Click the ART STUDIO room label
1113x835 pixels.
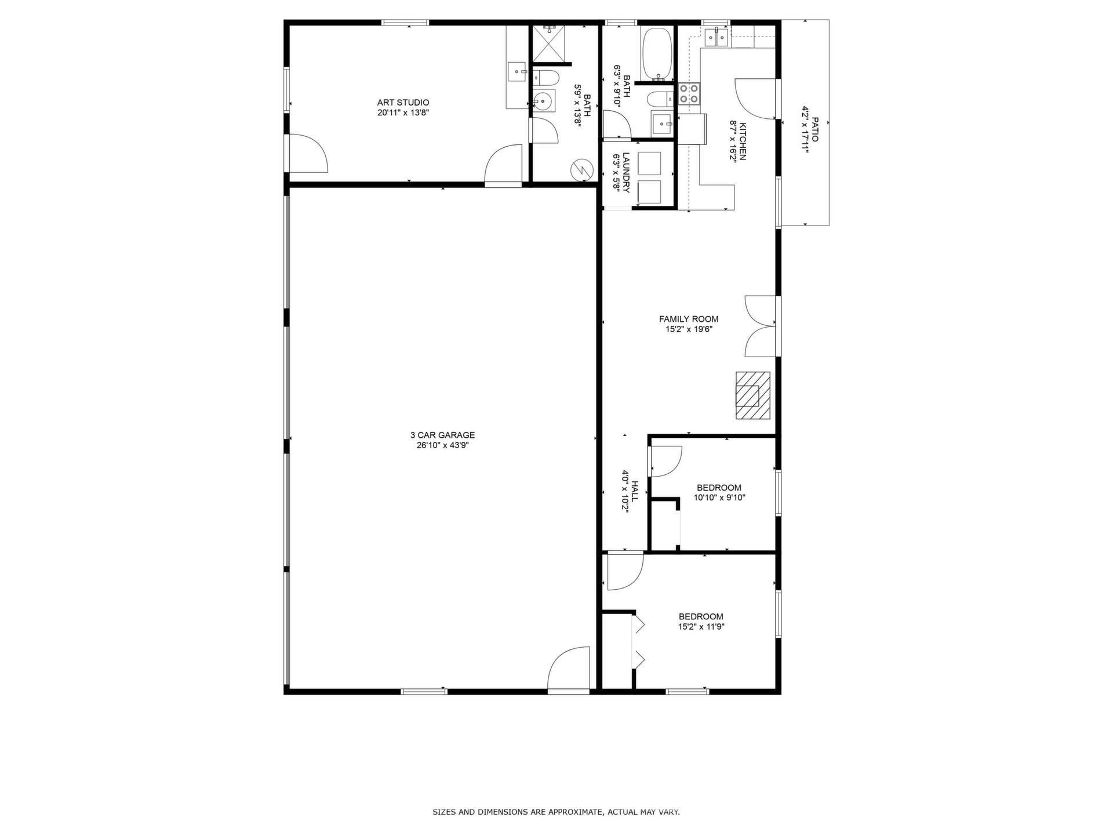[x=403, y=103]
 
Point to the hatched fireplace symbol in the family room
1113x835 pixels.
[x=753, y=395]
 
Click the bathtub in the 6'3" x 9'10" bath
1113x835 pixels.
[x=657, y=54]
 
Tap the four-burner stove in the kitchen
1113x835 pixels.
[x=689, y=93]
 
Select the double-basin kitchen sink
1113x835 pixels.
[x=716, y=37]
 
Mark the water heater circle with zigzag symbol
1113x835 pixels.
[x=582, y=169]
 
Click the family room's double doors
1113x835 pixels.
[x=759, y=326]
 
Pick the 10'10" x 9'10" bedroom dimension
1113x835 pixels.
[x=719, y=498]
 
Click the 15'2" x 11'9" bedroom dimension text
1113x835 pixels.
[x=701, y=627]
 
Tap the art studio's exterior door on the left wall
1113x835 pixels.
[x=308, y=153]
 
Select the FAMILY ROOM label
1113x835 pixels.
[x=689, y=319]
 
